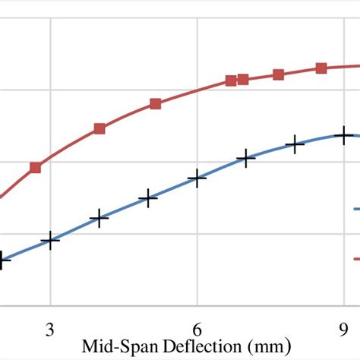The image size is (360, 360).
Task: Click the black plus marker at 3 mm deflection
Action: point(50,240)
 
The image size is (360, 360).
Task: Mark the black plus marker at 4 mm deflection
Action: point(99,219)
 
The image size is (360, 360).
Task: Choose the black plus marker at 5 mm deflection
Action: point(148,199)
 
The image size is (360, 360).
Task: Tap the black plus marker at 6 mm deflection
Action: point(197,178)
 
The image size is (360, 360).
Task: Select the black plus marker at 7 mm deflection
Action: point(245,159)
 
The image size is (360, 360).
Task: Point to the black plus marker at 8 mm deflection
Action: point(295,143)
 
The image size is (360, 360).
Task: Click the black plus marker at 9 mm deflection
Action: point(344,136)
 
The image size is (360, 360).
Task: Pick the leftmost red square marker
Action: point(36,167)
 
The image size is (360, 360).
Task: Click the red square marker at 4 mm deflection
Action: point(99,128)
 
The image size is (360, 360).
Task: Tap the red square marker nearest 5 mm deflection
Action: point(155,104)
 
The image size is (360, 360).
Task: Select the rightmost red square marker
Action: point(321,68)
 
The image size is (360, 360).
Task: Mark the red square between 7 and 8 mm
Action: point(278,74)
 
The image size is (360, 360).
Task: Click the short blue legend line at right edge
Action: point(355,209)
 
